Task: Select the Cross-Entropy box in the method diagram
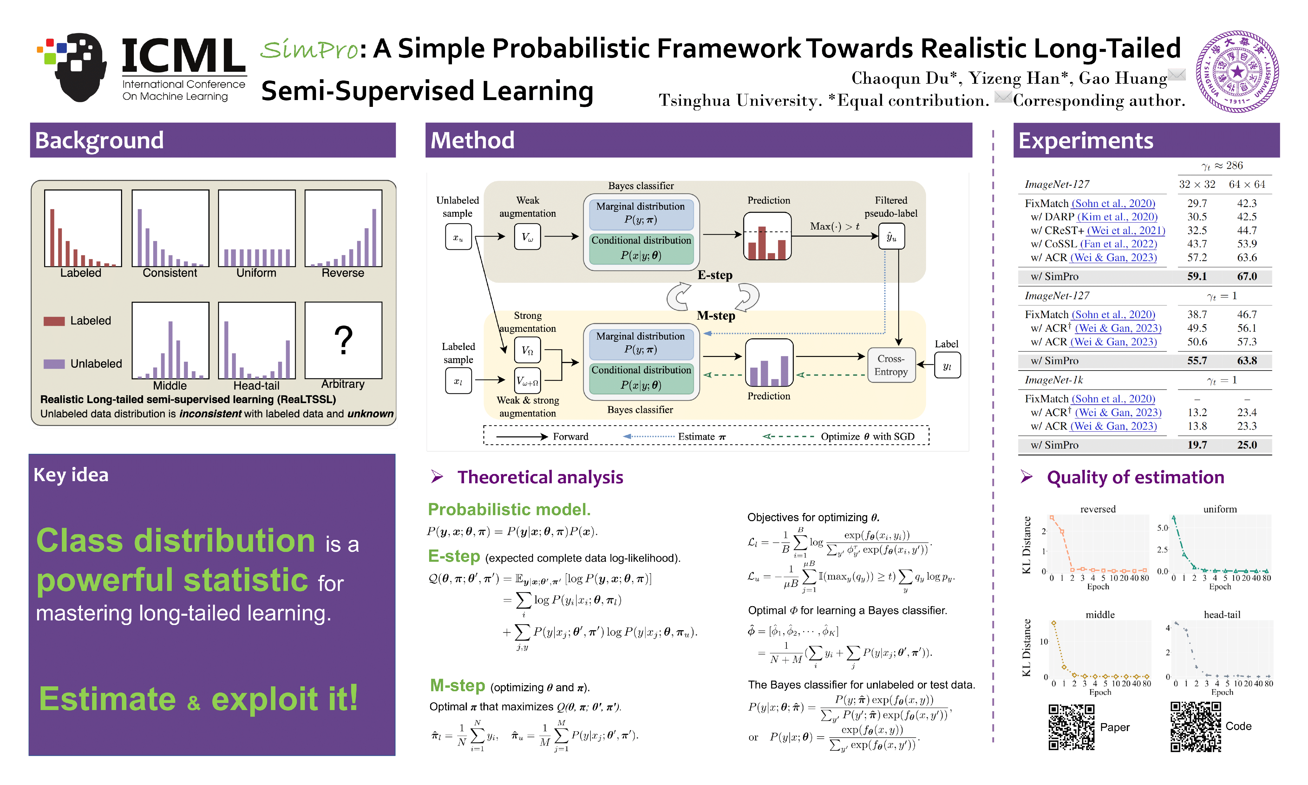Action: coord(891,365)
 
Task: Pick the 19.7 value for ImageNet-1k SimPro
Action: coord(1197,445)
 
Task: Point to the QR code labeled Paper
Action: coord(1071,727)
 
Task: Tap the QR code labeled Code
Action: coord(1195,727)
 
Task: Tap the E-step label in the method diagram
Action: coord(715,275)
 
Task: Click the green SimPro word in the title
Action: coord(309,50)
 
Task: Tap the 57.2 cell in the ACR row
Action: coord(1197,258)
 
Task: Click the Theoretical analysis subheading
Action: coord(540,477)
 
